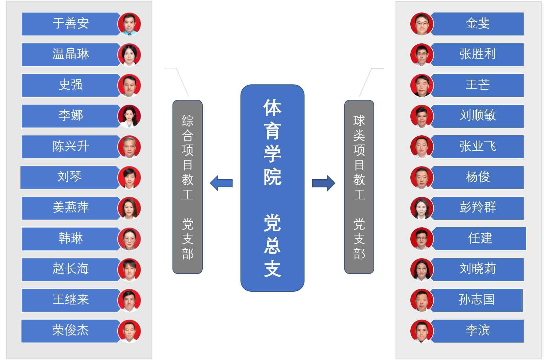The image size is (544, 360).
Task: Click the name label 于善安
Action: tap(71, 24)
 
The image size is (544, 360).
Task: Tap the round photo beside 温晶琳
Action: tap(129, 55)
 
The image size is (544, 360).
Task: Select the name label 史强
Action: tap(71, 85)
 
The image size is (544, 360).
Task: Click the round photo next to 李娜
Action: tap(129, 116)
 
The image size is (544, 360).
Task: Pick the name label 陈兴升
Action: tap(71, 146)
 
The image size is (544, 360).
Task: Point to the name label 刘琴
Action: tap(70, 177)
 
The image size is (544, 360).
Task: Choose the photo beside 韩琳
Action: tap(129, 239)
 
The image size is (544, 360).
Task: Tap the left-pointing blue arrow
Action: tap(221, 183)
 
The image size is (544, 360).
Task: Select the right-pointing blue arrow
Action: tap(324, 183)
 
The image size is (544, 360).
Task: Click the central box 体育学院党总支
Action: tap(272, 188)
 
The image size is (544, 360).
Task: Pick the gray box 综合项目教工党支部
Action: tap(188, 187)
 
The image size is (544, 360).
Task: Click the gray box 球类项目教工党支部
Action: tap(359, 187)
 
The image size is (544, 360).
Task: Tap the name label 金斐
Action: tap(478, 24)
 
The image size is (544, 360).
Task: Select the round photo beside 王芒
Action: tap(422, 85)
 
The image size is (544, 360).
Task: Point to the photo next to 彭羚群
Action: tap(422, 208)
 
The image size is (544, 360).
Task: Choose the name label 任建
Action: tap(480, 238)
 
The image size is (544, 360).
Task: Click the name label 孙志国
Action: tap(476, 300)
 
